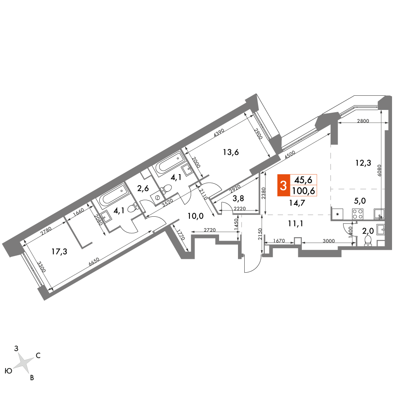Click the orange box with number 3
coord(283,185)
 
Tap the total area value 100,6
coord(303,191)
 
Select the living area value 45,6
coord(303,180)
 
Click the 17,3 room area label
coord(59,251)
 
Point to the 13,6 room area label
coord(231,152)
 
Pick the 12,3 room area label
coord(363,163)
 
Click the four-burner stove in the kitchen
coord(358,214)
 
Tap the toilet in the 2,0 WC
coord(368,240)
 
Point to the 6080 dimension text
coord(379,170)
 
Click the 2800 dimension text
coord(363,121)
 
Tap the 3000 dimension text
coord(329,241)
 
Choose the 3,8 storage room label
coord(238,199)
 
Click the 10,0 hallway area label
coord(195,216)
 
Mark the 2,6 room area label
coord(143,188)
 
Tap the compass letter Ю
coord(9,371)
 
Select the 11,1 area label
coord(296,223)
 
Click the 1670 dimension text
coord(279,241)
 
